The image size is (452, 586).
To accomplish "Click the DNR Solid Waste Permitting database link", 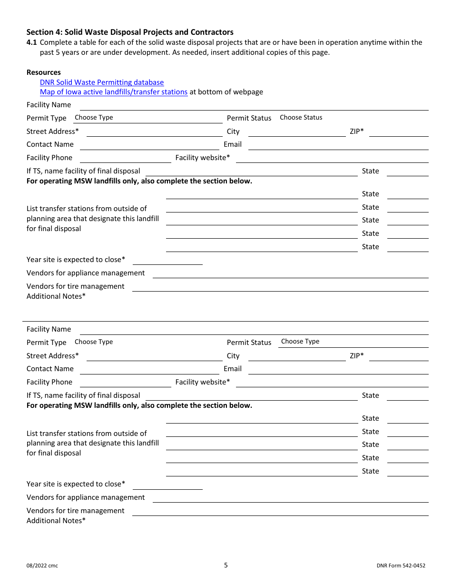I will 102,82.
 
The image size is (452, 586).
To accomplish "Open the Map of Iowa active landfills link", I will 114,92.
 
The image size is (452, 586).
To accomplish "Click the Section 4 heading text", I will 130,32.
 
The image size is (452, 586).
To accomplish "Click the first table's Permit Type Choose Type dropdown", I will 147,118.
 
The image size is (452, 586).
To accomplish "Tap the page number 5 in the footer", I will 226,565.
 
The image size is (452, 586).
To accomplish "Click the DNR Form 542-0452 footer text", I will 401,566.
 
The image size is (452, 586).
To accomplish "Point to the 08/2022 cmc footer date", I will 42,566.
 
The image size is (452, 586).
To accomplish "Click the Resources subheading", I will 44,72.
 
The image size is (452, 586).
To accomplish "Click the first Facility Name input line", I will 253,105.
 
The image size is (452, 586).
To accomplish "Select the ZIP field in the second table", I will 398,356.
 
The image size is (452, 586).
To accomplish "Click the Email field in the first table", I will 338,145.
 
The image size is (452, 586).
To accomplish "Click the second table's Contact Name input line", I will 149,369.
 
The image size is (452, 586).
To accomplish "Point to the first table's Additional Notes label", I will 56,296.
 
